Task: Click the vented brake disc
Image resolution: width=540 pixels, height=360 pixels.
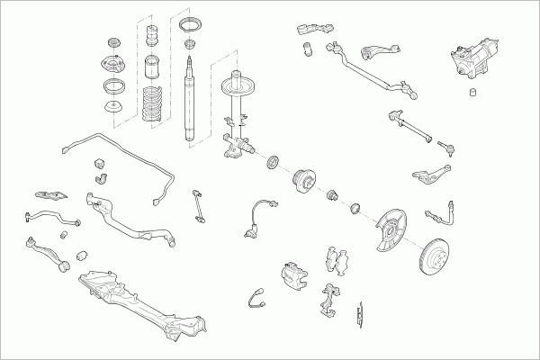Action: [x=439, y=257]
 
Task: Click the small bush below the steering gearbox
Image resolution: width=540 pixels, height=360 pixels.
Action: [x=471, y=93]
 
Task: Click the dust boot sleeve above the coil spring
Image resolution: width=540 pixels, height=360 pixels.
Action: [x=151, y=68]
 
